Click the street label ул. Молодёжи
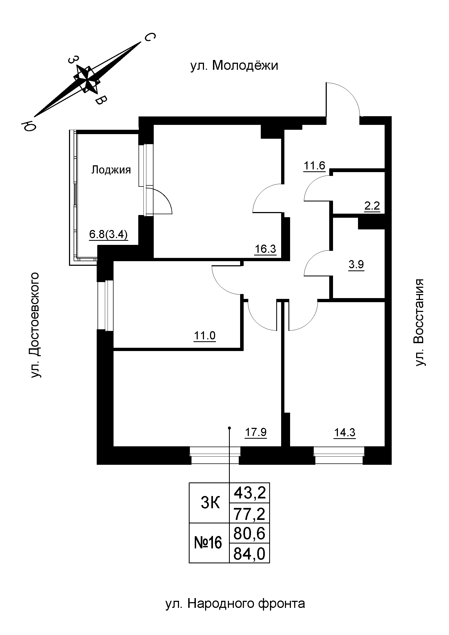pos(234,66)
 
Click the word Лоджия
pos(111,170)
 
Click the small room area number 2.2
pos(372,206)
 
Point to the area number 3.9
pos(356,265)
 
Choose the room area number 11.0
pos(205,336)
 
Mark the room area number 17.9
pos(256,432)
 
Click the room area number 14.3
pos(345,432)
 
